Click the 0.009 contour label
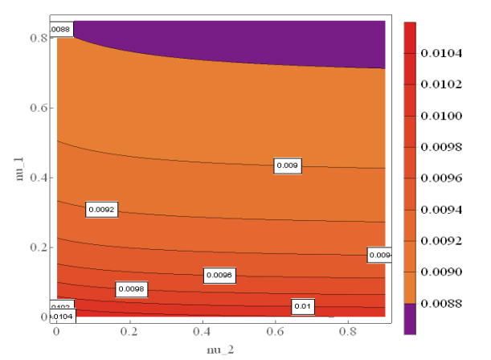click(x=288, y=166)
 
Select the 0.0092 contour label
click(x=102, y=210)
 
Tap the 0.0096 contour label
click(x=219, y=275)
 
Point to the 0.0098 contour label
click(x=131, y=288)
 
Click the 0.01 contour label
click(x=303, y=307)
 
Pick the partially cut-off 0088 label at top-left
click(x=61, y=31)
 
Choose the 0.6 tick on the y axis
click(x=35, y=108)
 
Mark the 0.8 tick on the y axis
click(x=35, y=38)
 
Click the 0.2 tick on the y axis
click(x=35, y=247)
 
